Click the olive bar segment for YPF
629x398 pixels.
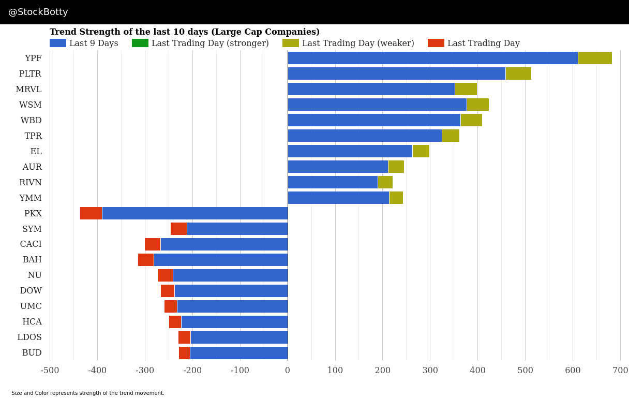(595, 58)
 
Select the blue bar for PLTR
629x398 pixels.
(396, 73)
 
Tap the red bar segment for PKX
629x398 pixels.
(91, 213)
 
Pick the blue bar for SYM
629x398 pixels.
(237, 229)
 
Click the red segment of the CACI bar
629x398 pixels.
(153, 244)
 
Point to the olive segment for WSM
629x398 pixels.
(477, 105)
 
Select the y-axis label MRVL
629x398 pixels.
(28, 90)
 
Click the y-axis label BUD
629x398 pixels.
(32, 353)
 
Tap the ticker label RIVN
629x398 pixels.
(30, 183)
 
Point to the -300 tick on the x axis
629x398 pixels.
(145, 371)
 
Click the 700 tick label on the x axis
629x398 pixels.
(620, 371)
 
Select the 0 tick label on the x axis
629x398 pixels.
(288, 371)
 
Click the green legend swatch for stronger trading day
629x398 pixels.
(140, 43)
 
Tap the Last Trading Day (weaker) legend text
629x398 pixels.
(358, 43)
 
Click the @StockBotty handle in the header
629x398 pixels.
(38, 12)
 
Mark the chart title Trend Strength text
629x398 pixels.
(185, 32)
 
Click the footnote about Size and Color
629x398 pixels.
(88, 393)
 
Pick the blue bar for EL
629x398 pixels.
(350, 151)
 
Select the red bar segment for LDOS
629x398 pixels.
(184, 337)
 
